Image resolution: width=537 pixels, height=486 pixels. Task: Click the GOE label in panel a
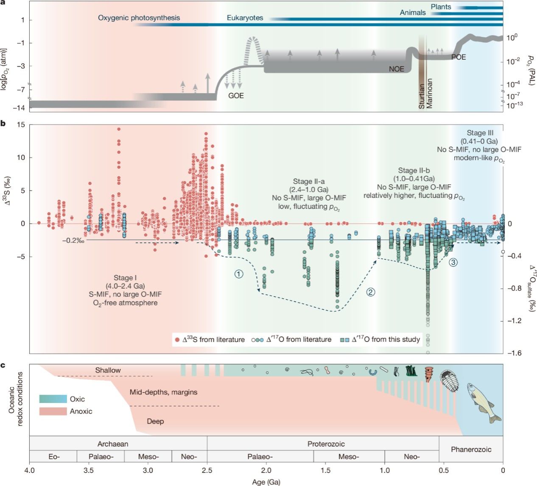236,96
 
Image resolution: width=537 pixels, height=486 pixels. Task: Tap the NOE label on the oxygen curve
397,69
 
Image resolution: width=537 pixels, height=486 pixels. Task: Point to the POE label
459,57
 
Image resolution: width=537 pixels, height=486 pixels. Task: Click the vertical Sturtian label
422,96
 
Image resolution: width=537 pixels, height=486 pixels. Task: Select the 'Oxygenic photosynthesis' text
139,18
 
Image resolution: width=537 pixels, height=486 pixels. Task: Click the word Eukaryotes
245,18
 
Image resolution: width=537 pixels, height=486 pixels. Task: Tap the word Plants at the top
441,7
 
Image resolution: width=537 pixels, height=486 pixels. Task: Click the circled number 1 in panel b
239,274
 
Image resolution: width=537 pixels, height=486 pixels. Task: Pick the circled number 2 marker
371,292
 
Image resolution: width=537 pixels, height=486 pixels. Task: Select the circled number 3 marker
453,263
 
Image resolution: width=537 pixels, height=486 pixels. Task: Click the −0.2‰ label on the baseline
73,240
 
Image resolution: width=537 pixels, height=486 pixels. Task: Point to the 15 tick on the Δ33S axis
21,125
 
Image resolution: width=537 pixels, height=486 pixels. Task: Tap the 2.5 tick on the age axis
207,470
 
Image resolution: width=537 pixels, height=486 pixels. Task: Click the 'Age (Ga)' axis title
266,482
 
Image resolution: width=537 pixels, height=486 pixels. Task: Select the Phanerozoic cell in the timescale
471,449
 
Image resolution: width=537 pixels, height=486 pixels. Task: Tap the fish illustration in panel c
484,401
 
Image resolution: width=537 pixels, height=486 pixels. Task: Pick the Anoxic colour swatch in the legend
53,411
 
